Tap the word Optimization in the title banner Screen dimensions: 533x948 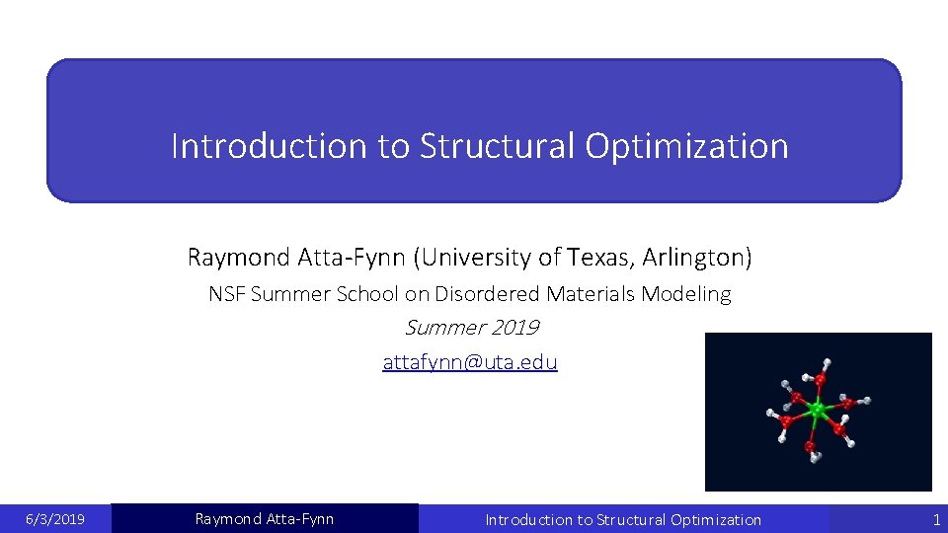(687, 146)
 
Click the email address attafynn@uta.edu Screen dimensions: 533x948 (470, 362)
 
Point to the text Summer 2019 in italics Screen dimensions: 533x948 (472, 328)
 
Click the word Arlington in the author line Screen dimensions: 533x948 (697, 259)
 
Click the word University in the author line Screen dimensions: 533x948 (476, 259)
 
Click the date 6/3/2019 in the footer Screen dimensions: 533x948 (54, 519)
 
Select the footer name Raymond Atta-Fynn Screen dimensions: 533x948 (265, 519)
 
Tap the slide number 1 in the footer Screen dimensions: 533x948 (936, 519)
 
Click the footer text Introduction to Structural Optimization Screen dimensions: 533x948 (623, 519)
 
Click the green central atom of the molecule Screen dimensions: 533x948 (816, 409)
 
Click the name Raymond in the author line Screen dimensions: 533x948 (238, 259)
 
